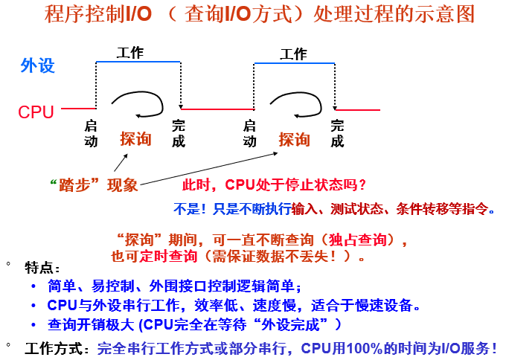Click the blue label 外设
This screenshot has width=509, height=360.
pyautogui.click(x=37, y=65)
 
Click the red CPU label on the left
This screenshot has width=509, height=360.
pyautogui.click(x=36, y=112)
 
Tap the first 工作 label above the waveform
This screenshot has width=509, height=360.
pyautogui.click(x=130, y=53)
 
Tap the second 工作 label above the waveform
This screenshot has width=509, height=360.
pyautogui.click(x=293, y=54)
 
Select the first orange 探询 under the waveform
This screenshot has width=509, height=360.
pyautogui.click(x=135, y=138)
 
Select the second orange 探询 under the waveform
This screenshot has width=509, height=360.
pyautogui.click(x=294, y=139)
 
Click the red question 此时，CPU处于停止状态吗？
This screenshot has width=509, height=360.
pyautogui.click(x=274, y=184)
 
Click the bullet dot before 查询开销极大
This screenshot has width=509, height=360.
pyautogui.click(x=33, y=324)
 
